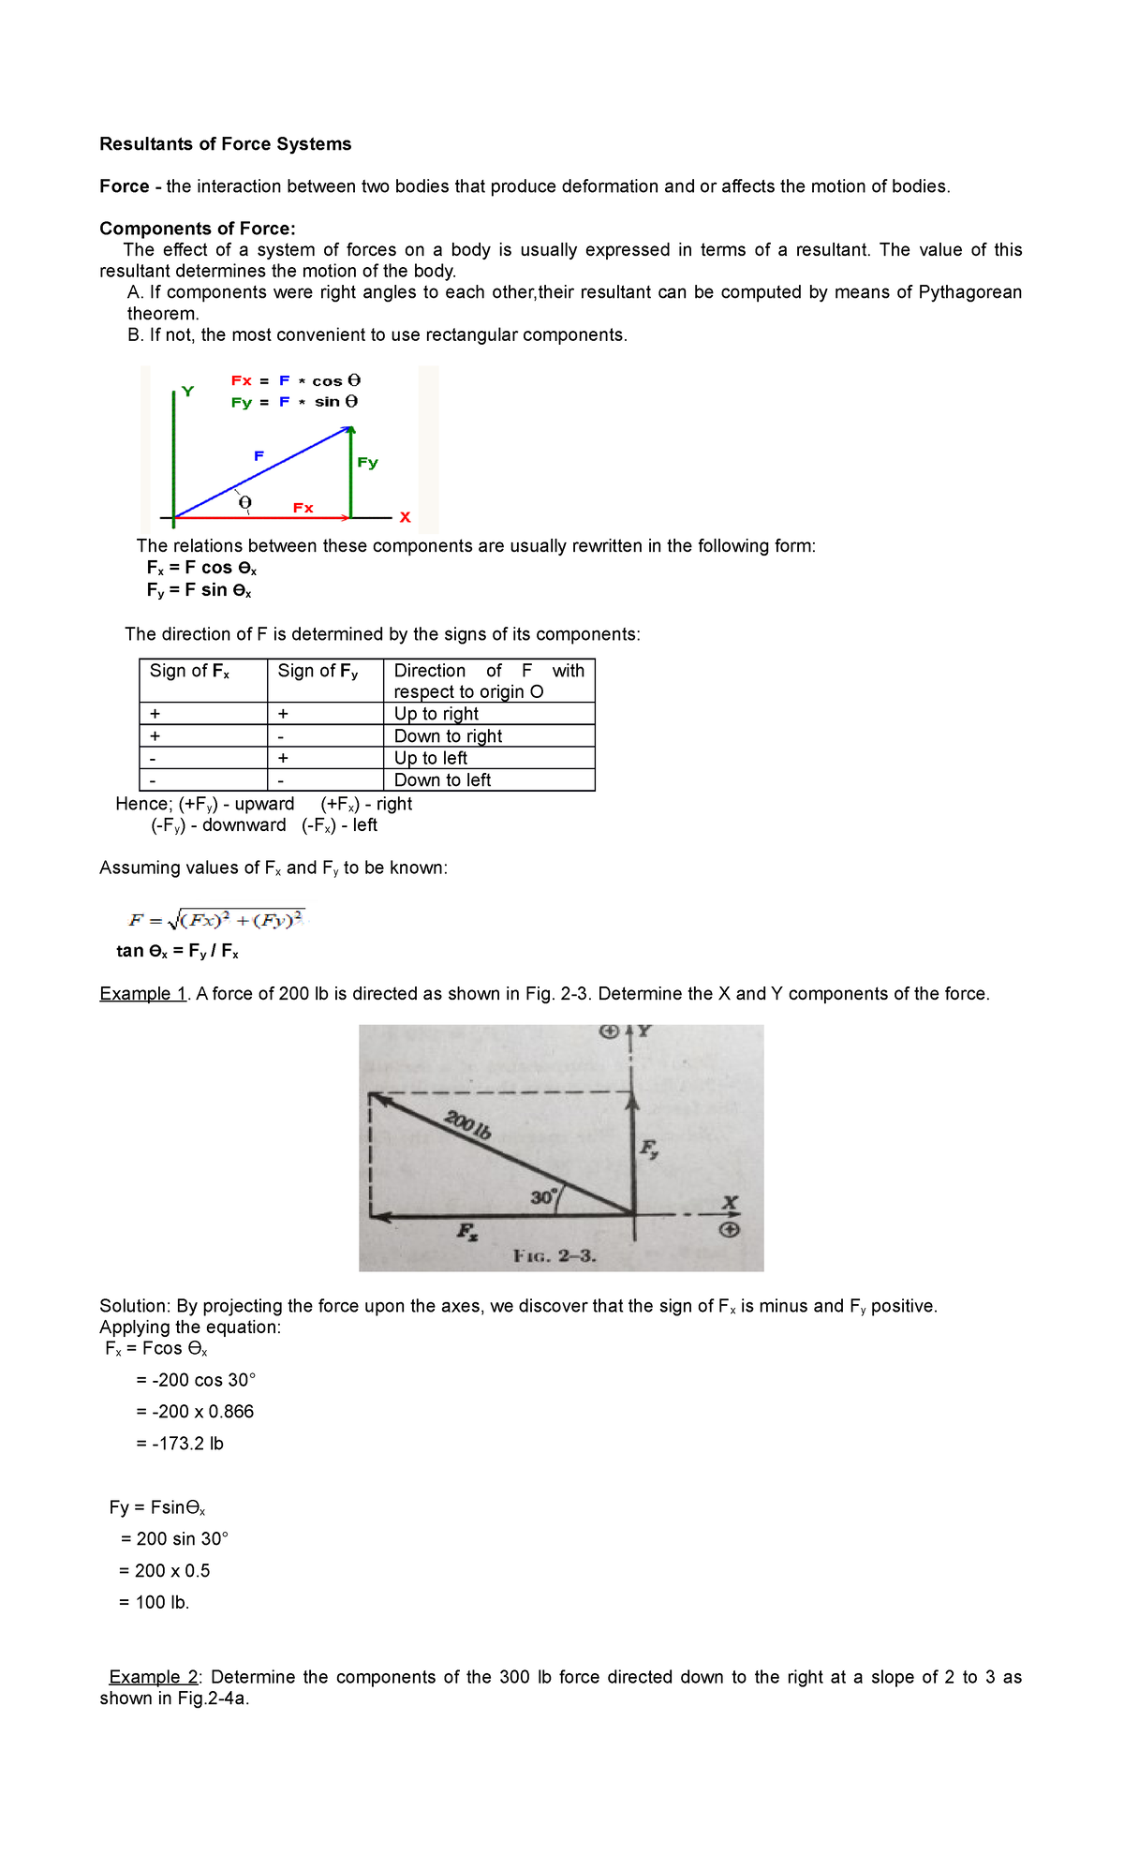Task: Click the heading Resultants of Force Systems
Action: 226,144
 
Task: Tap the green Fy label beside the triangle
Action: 367,463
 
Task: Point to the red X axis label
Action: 405,517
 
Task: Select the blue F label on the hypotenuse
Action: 259,456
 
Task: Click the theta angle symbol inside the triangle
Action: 245,503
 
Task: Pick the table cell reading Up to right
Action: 436,714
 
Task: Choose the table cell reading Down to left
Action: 442,780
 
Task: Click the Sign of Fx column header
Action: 189,672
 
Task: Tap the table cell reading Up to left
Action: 431,758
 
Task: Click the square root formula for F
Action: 216,920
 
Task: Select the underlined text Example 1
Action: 144,994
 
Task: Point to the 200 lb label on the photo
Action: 467,1123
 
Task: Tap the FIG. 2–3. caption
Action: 555,1256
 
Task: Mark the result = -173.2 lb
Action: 180,1444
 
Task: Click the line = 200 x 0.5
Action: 165,1571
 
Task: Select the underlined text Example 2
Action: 155,1677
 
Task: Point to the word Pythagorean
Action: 969,292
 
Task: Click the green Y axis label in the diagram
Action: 188,392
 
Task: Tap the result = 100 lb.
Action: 155,1603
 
